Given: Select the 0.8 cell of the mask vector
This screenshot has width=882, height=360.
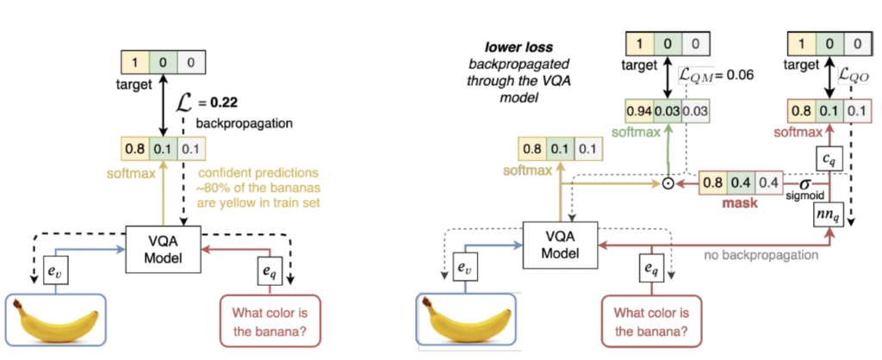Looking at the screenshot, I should click(x=712, y=183).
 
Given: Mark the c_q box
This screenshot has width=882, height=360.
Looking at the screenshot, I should click(x=827, y=158).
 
